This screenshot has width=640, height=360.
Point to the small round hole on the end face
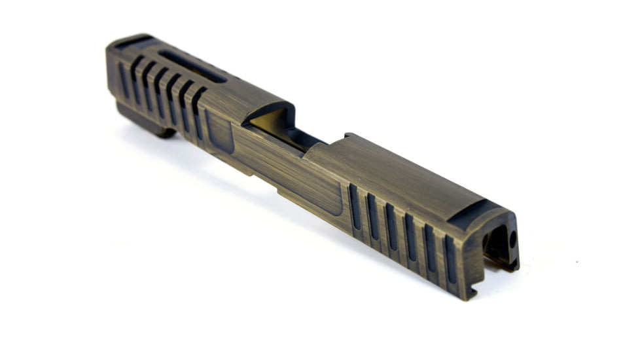pos(512,239)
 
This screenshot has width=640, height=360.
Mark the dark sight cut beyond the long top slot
pos(130,41)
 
